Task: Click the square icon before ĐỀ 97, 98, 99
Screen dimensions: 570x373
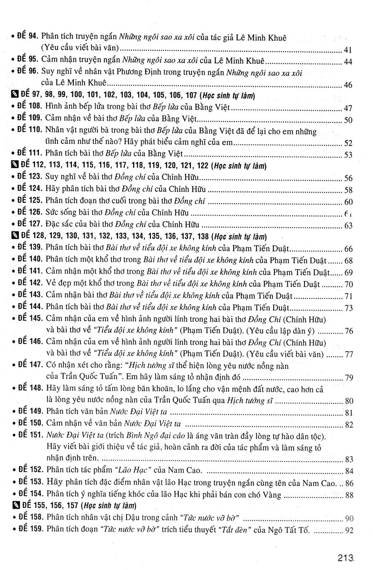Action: (x=13, y=96)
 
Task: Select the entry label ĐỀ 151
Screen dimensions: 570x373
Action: (x=29, y=436)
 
